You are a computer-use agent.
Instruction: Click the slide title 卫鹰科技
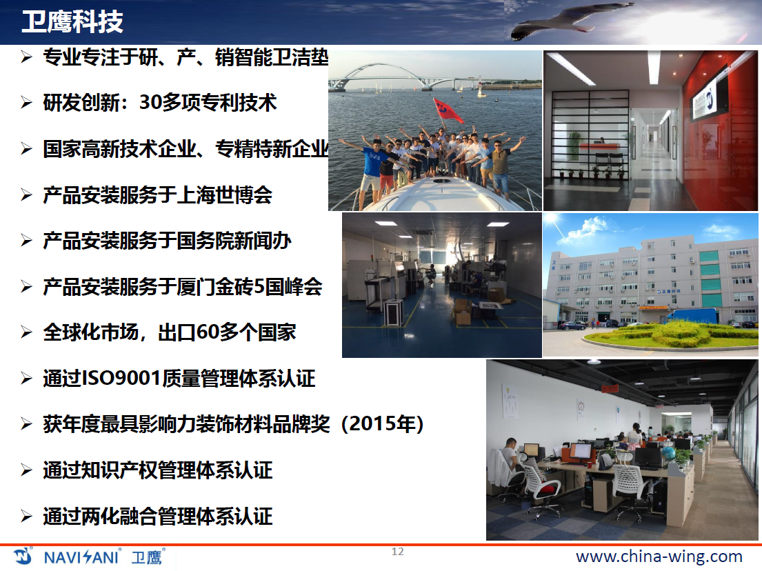72,22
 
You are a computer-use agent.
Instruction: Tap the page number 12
397,552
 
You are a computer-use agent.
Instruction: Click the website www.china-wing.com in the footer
659,557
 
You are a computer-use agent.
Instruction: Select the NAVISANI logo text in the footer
81,557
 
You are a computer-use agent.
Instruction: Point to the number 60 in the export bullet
208,332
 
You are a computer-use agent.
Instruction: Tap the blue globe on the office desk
669,453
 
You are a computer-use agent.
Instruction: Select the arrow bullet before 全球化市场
26,332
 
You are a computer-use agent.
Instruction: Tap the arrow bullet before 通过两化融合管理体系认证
26,516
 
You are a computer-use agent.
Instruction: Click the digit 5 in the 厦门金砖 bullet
259,287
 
